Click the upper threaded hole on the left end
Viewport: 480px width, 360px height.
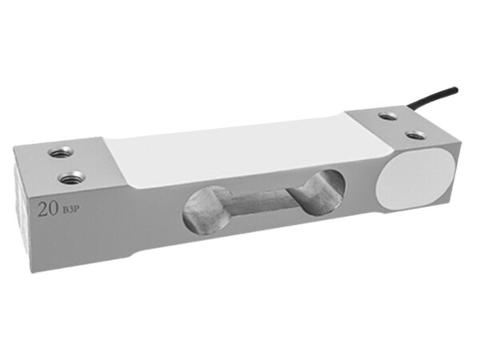click(x=62, y=152)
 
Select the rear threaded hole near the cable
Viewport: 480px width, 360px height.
click(x=388, y=116)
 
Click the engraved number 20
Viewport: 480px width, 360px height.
click(x=48, y=209)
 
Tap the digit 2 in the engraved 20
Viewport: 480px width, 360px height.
click(x=42, y=210)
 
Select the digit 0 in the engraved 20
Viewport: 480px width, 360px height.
click(x=54, y=209)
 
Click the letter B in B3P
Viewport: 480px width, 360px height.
click(x=66, y=210)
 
